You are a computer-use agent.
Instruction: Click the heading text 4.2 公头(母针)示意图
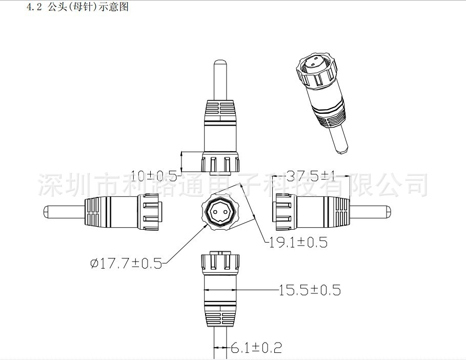pyautogui.click(x=77, y=7)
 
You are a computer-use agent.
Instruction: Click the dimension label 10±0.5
pyautogui.click(x=154, y=176)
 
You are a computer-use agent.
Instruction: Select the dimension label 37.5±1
pyautogui.click(x=311, y=176)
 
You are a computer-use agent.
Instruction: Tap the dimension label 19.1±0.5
pyautogui.click(x=298, y=242)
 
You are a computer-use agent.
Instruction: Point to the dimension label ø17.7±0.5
pyautogui.click(x=126, y=263)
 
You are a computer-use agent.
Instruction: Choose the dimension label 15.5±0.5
pyautogui.click(x=309, y=290)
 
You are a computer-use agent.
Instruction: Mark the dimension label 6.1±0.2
pyautogui.click(x=256, y=348)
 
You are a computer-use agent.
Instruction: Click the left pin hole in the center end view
pyautogui.click(x=215, y=212)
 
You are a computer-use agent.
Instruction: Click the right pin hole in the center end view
pyautogui.click(x=226, y=212)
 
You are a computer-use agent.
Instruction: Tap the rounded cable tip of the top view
pyautogui.click(x=220, y=63)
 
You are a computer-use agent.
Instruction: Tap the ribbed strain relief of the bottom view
pyautogui.click(x=220, y=315)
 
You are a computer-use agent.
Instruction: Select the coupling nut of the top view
pyautogui.click(x=220, y=162)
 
